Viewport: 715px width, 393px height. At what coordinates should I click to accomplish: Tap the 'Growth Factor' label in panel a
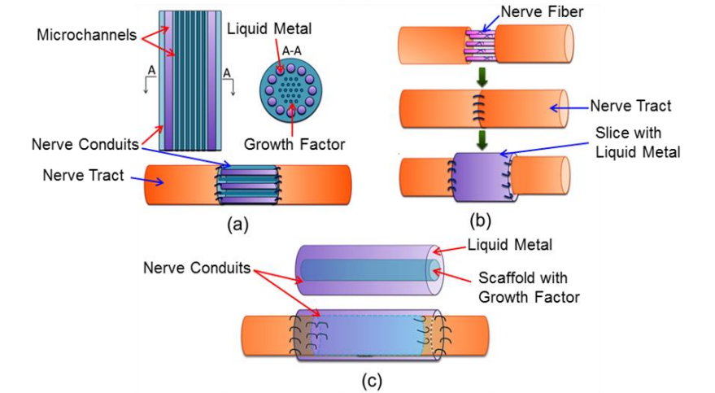[294, 146]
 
